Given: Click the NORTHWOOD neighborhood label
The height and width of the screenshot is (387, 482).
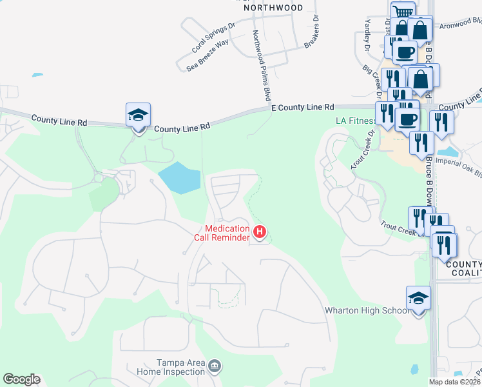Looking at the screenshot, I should click(273, 8).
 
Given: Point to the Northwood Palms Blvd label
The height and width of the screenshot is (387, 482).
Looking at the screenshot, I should click(260, 64).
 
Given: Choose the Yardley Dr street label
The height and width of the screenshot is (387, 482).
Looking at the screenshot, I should click(367, 35).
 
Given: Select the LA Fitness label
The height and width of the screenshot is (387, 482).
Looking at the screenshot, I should click(355, 121).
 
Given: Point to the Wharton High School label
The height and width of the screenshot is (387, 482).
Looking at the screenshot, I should click(366, 310).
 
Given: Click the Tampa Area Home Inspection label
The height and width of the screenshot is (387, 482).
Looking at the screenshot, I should click(171, 367).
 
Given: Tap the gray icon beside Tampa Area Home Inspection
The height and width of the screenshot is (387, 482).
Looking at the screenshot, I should click(215, 368).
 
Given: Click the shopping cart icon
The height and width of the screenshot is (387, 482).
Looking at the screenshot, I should click(403, 12).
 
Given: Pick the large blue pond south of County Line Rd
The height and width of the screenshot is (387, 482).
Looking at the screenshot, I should click(180, 177).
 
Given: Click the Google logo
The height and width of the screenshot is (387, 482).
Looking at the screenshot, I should click(21, 379).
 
